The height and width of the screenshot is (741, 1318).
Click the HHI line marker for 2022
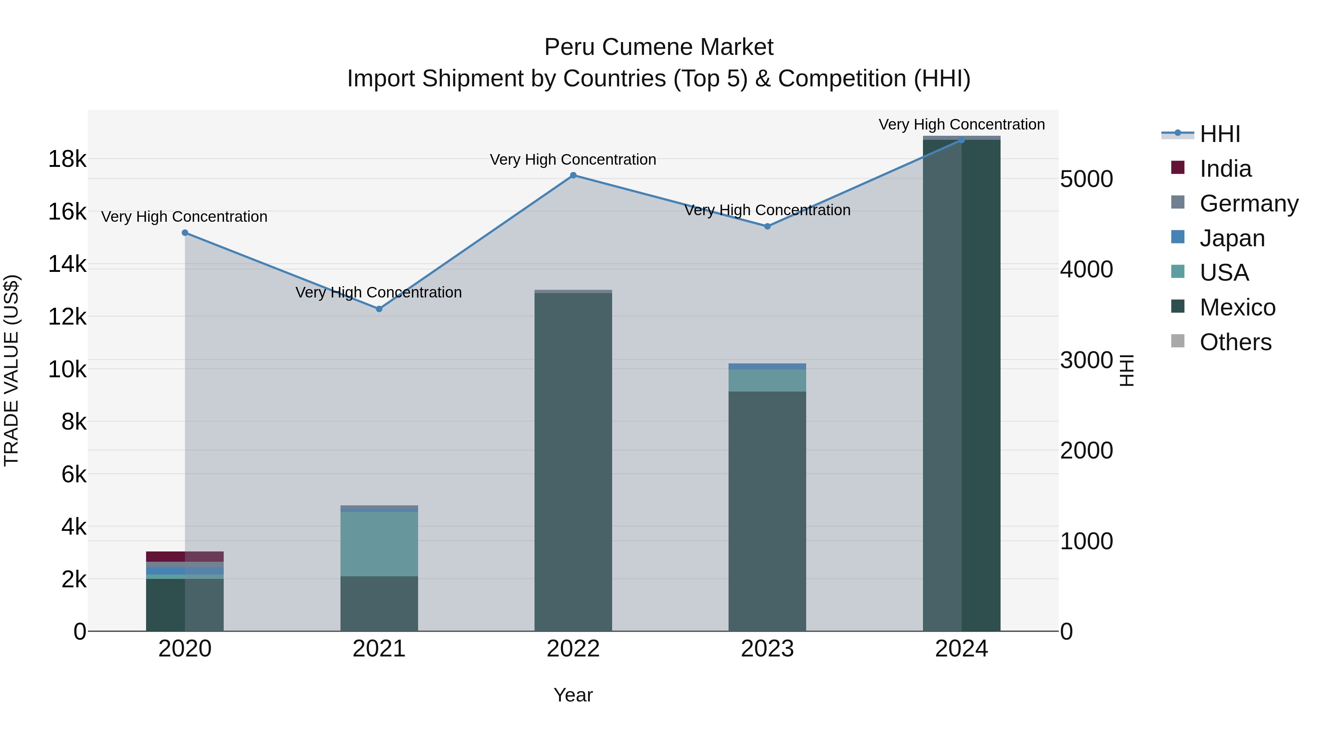(x=573, y=175)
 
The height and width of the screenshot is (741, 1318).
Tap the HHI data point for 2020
(x=185, y=233)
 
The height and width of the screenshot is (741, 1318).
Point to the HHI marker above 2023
(x=767, y=226)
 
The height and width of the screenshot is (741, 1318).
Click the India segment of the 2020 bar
(x=185, y=556)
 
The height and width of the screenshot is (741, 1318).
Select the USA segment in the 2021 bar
(x=379, y=544)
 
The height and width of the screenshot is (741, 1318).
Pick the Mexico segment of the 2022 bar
(x=573, y=460)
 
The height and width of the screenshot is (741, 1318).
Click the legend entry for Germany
(x=1248, y=203)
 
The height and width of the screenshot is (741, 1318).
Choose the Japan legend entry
(x=1232, y=238)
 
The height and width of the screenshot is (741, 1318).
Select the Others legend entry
(x=1235, y=342)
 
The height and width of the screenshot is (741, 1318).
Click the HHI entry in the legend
(x=1220, y=134)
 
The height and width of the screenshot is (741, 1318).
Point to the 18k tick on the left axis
(x=67, y=159)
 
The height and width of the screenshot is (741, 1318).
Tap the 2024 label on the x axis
(x=961, y=649)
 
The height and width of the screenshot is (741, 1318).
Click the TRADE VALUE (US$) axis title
(x=11, y=370)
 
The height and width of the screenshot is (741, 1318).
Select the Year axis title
(x=573, y=695)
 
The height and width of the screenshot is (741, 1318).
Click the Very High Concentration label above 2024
(x=961, y=124)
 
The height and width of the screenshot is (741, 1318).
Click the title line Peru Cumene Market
(x=659, y=47)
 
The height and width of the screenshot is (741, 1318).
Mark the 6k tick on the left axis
(x=74, y=474)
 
